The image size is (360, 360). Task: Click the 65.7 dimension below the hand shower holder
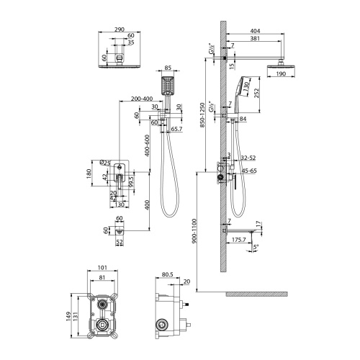click(x=175, y=129)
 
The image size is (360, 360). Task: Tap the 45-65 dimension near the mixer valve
click(x=250, y=171)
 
